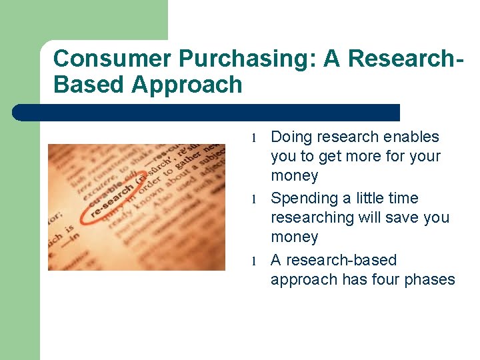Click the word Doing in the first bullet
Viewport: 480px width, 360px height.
coord(291,137)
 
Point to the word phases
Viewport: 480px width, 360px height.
coord(431,279)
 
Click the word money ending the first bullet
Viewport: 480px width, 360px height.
coord(294,176)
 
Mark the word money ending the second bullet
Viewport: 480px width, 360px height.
coord(294,237)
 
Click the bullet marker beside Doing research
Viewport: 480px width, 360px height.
coord(254,138)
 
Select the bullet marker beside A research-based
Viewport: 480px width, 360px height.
coord(254,261)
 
